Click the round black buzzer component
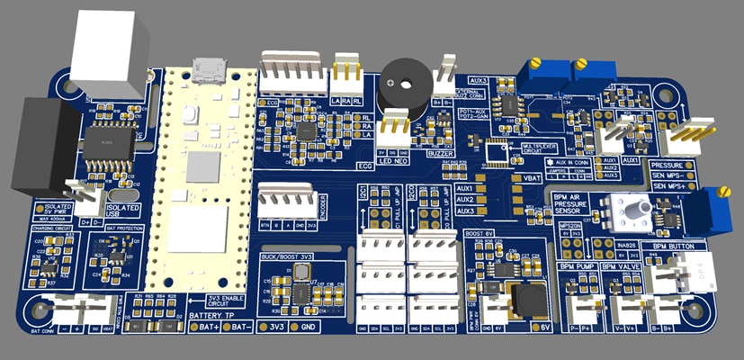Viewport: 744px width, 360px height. click(x=400, y=87)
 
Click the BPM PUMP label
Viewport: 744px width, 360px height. click(x=578, y=267)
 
